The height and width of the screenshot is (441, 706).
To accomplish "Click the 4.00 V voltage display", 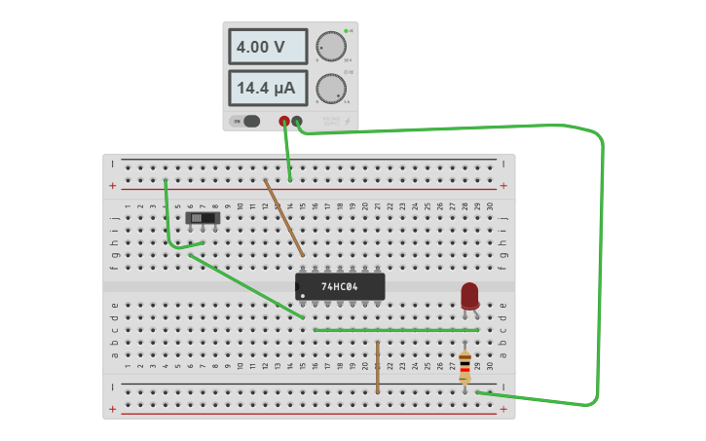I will coord(268,47).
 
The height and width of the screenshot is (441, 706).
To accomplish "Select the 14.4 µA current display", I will coord(268,88).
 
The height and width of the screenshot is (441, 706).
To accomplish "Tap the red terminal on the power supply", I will coord(284,122).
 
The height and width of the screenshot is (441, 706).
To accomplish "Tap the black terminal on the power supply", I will coord(297,122).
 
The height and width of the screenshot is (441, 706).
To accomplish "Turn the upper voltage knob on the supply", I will coord(331,46).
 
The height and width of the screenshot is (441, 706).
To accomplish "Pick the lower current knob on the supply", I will coord(331,89).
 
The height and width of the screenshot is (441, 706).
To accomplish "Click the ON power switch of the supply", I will coord(245,122).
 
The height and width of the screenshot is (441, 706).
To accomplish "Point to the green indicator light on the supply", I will coord(346,31).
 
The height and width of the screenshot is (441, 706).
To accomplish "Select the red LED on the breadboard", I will coord(469,294).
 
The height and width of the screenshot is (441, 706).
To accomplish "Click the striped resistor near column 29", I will coord(464,367).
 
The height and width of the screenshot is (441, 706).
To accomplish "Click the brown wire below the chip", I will coord(378,367).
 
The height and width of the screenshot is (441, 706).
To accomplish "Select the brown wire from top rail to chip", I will coord(283,217).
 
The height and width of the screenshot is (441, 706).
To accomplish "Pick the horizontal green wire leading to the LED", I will coord(394,330).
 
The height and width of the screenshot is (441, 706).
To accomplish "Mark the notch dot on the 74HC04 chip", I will coord(303,295).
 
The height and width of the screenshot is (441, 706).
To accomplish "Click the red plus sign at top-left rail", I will coord(112,185).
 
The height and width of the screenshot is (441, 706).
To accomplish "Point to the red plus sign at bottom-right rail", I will coord(503,409).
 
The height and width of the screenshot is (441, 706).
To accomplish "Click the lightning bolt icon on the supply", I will coord(348,122).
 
